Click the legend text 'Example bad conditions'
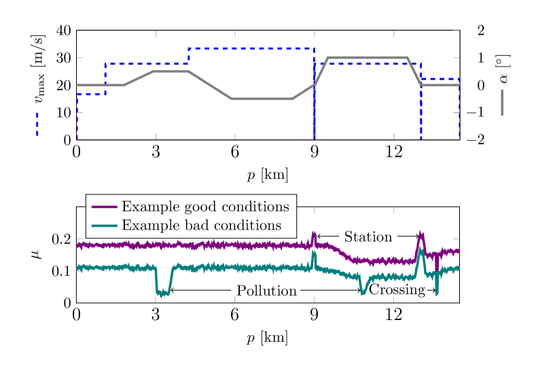[201, 226]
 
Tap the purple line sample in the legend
[104, 207]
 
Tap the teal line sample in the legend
[104, 226]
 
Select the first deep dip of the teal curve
[162, 293]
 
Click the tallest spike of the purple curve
[421, 235]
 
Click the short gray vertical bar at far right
[502, 102]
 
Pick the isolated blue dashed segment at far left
[37, 125]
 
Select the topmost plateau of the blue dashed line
[251, 48]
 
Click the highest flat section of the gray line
[368, 58]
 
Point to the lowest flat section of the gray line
[262, 99]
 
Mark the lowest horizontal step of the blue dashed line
[91, 94]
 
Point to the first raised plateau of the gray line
[171, 71]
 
